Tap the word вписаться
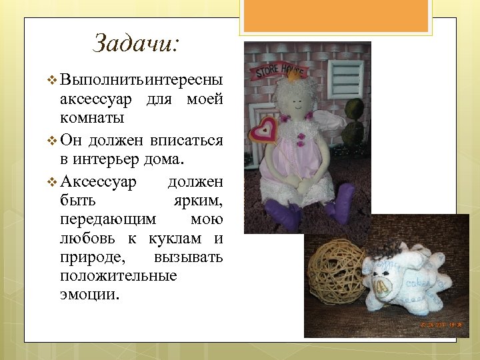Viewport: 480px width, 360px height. pyautogui.click(x=186, y=141)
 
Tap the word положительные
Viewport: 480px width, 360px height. pyautogui.click(x=118, y=276)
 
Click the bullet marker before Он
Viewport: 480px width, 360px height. pyautogui.click(x=53, y=141)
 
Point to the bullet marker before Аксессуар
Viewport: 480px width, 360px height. pyautogui.click(x=53, y=181)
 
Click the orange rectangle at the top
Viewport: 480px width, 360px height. pyautogui.click(x=337, y=15)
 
